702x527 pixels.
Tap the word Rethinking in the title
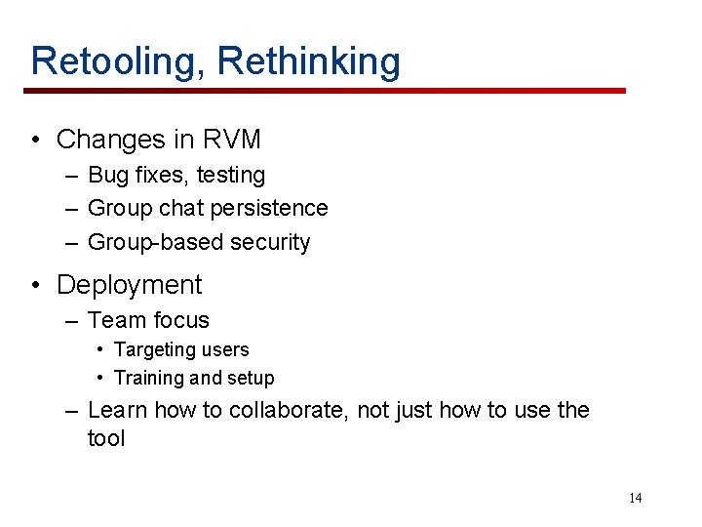[308, 61]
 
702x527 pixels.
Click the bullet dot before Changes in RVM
[35, 140]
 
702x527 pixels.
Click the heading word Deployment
[129, 285]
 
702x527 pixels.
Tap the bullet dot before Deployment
[35, 285]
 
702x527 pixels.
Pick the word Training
[149, 378]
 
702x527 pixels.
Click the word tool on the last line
[106, 439]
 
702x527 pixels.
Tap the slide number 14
[635, 499]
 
